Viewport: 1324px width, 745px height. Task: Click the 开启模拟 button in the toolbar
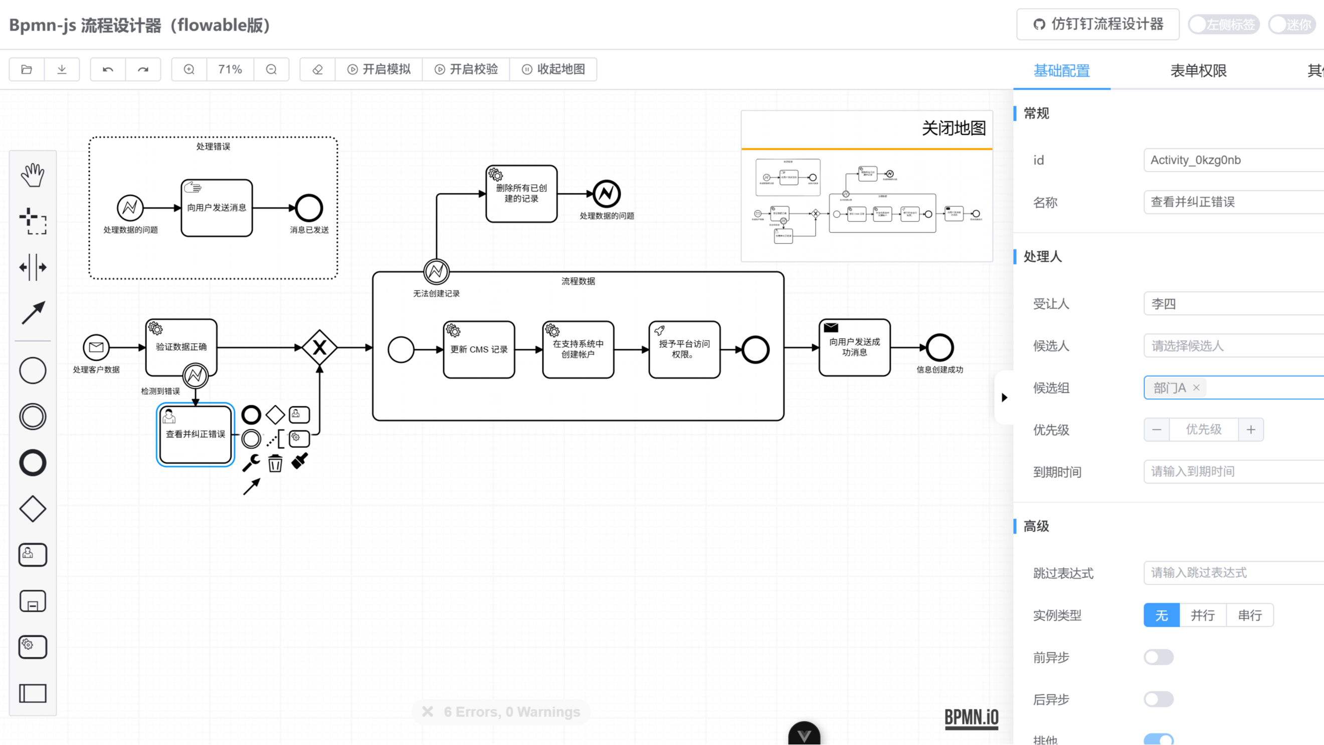[379, 69]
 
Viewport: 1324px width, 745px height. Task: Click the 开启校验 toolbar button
[466, 69]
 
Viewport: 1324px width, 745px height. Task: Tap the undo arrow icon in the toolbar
[108, 69]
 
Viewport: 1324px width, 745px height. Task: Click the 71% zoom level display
[230, 69]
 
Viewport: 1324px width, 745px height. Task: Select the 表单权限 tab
[1198, 70]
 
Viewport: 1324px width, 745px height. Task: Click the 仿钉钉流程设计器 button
[1098, 24]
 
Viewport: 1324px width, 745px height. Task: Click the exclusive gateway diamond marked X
[319, 348]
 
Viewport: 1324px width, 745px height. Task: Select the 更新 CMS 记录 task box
[478, 350]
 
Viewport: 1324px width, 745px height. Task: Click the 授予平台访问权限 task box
[684, 350]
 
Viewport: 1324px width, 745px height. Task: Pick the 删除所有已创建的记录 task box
[521, 194]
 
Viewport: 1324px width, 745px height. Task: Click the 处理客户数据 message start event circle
[96, 348]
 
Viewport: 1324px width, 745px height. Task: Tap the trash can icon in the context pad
[275, 463]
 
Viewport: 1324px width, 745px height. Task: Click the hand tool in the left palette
[33, 175]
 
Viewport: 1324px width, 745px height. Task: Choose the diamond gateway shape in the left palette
[33, 509]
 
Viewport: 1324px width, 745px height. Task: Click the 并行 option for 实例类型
[1202, 615]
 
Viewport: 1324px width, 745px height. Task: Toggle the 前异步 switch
[1159, 657]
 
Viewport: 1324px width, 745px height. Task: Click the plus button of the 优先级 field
[1250, 429]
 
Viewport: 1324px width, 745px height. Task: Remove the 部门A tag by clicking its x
[1196, 388]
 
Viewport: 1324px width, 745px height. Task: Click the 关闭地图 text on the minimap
[954, 128]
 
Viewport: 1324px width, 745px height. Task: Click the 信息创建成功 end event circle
[939, 348]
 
